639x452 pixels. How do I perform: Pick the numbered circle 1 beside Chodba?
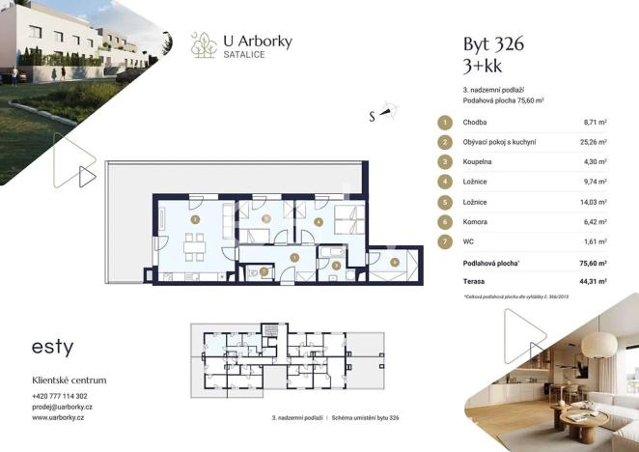[x=445, y=123]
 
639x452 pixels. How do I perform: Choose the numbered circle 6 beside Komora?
[x=445, y=221]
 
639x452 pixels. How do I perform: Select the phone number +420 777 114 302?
[x=60, y=396]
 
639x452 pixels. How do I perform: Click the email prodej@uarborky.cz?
[x=62, y=407]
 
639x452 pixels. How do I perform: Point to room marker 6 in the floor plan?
[x=395, y=261]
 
